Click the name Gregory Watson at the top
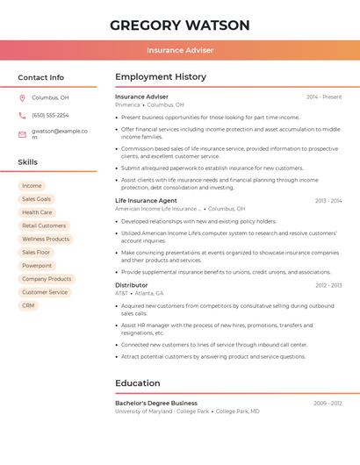tap(180, 25)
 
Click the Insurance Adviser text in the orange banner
tap(180, 50)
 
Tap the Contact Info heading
tap(41, 77)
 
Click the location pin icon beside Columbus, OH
tap(23, 97)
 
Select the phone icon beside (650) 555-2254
tap(23, 115)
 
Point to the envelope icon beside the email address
tap(23, 133)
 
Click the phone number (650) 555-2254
tap(50, 115)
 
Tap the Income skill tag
tap(32, 186)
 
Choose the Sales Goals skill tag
tap(37, 199)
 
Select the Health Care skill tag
tap(37, 212)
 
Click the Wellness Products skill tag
tap(46, 239)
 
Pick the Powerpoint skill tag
tap(37, 265)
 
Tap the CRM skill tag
tap(29, 305)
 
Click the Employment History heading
tap(161, 77)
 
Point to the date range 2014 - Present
tap(324, 97)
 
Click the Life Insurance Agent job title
tap(146, 200)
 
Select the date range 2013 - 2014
tap(328, 200)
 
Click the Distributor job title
tap(132, 285)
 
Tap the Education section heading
tap(138, 383)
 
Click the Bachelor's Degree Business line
tap(156, 403)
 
